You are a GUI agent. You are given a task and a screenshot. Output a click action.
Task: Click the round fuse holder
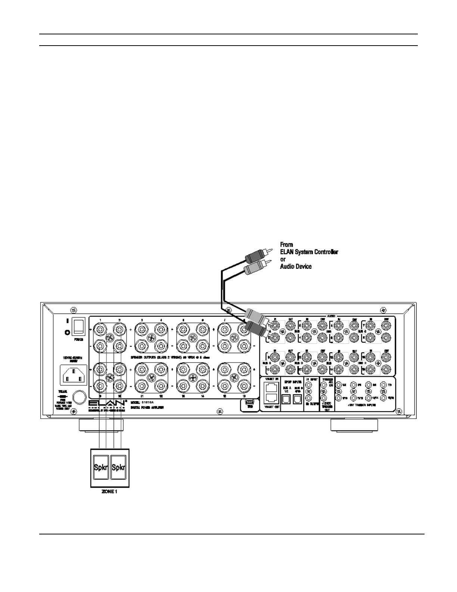(78, 398)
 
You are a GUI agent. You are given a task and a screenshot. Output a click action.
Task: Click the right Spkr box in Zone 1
(119, 467)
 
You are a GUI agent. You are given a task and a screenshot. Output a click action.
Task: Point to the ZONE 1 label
(110, 492)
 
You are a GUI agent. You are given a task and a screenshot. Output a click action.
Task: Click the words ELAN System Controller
(309, 252)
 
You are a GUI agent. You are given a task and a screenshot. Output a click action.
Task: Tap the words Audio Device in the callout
(296, 266)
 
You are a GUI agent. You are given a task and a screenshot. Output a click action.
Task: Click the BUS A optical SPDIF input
(286, 400)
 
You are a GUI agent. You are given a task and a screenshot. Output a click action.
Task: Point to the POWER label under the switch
(78, 340)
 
